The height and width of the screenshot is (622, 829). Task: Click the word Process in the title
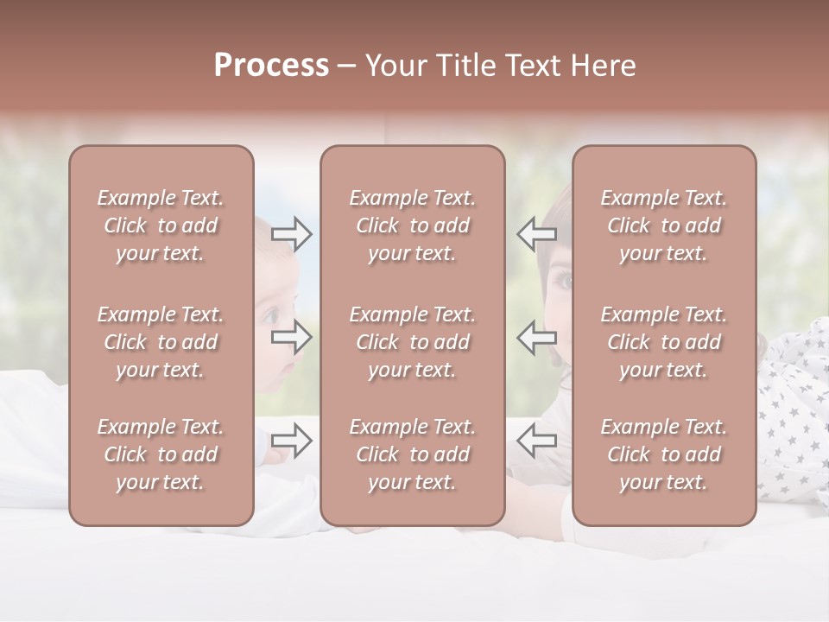point(271,66)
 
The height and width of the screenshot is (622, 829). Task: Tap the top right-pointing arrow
point(291,234)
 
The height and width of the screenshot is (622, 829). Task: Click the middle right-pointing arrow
point(291,337)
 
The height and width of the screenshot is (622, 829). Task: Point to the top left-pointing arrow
point(536,234)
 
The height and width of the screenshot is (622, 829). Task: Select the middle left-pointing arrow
point(536,337)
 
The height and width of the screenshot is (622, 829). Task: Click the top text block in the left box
point(161,225)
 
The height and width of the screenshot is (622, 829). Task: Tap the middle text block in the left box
point(161,342)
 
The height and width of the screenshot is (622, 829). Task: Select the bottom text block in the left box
point(161,454)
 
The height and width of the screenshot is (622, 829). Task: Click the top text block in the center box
point(412,225)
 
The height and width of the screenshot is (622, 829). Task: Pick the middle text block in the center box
point(412,342)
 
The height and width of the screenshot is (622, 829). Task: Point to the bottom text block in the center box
point(412,454)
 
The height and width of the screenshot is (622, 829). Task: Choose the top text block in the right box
point(663,225)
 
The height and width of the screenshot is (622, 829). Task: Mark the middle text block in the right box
point(663,342)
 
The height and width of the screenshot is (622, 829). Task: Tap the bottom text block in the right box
point(663,454)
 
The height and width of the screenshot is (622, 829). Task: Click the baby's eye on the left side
point(272,315)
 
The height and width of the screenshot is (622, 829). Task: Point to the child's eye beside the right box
point(562,281)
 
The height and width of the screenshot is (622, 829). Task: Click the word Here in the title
point(603,66)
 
